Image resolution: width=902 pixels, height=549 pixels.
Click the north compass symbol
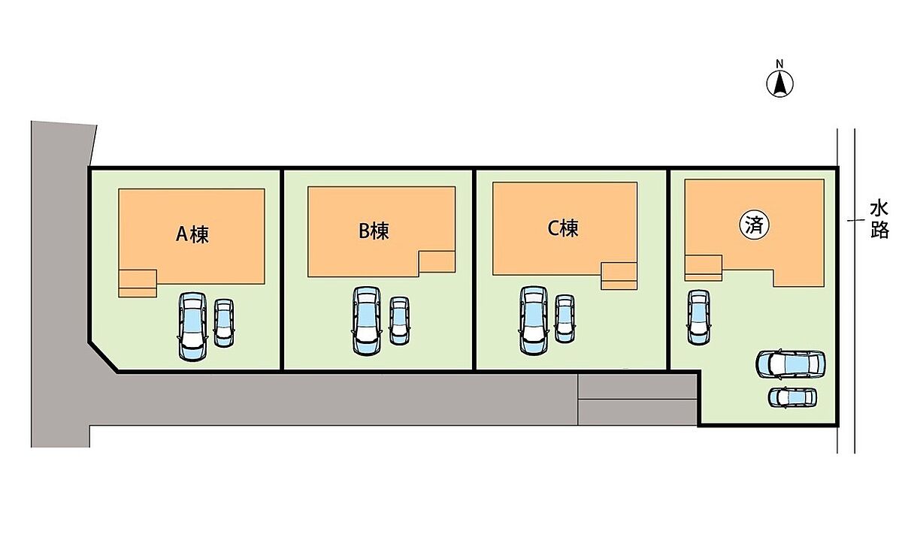tap(780, 84)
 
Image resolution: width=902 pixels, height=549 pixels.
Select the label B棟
tap(374, 231)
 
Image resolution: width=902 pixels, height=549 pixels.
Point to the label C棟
tap(563, 229)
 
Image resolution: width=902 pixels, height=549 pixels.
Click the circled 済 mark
tap(755, 225)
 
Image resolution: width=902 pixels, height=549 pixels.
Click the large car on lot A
tap(192, 324)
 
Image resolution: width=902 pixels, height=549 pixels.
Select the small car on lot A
tap(224, 323)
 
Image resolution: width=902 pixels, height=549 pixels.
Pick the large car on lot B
tap(367, 320)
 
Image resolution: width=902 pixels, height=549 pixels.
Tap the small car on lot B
tap(399, 321)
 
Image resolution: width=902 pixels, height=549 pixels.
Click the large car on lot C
tap(533, 319)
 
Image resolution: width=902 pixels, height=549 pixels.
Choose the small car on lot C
tap(564, 318)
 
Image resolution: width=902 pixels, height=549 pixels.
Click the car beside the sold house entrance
tap(698, 316)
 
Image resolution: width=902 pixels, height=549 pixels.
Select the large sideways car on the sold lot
tap(791, 364)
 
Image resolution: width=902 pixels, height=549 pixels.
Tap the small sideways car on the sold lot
tap(792, 397)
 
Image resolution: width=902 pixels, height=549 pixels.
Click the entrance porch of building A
tap(138, 282)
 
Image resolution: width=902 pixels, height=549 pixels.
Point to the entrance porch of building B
tap(436, 262)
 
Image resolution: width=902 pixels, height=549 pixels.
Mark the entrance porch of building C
tap(619, 276)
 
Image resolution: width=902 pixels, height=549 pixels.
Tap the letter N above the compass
tap(780, 63)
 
